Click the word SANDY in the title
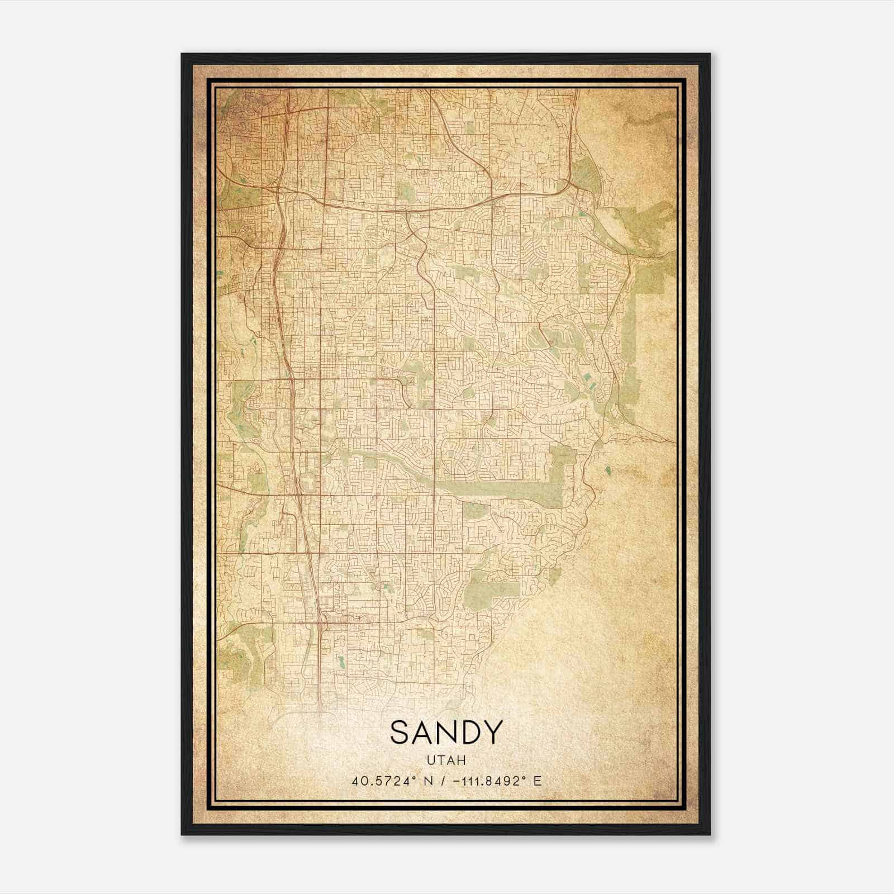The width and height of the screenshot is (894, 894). [x=446, y=733]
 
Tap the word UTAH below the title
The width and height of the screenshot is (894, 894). [x=446, y=760]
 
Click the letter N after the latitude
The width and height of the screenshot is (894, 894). [x=429, y=781]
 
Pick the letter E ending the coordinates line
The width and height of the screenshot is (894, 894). [x=538, y=781]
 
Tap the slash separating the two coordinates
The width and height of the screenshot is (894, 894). [x=443, y=781]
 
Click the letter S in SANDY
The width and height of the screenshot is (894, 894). [x=401, y=733]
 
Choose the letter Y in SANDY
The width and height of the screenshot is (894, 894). [x=493, y=733]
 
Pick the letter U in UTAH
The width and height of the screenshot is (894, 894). [x=431, y=760]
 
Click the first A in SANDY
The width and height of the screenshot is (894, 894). [x=424, y=733]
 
